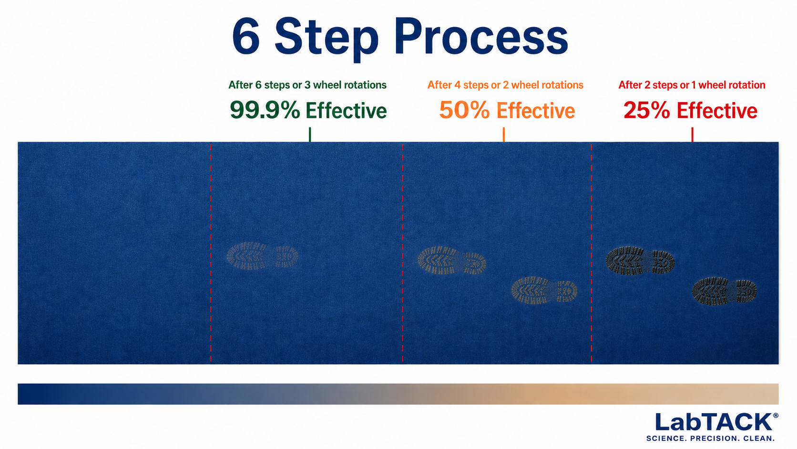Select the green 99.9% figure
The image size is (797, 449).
(x=265, y=110)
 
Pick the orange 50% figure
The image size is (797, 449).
(x=464, y=110)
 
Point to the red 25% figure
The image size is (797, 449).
(x=647, y=110)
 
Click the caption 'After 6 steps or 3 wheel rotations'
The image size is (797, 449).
(x=307, y=85)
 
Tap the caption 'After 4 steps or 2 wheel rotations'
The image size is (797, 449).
(x=505, y=85)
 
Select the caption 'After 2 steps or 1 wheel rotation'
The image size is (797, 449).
(x=692, y=85)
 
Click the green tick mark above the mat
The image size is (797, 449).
(x=310, y=135)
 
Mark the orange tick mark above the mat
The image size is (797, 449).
(x=503, y=135)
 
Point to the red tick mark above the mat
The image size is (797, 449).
(x=693, y=135)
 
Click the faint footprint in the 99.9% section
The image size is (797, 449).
(x=263, y=256)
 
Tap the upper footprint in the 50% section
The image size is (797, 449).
(x=452, y=261)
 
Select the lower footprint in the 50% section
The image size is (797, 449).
(x=544, y=290)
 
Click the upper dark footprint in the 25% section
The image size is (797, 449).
(x=640, y=261)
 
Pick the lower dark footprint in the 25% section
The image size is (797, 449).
(x=725, y=291)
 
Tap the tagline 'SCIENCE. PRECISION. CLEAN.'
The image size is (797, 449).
(x=710, y=439)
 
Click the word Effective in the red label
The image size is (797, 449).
(x=717, y=110)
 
